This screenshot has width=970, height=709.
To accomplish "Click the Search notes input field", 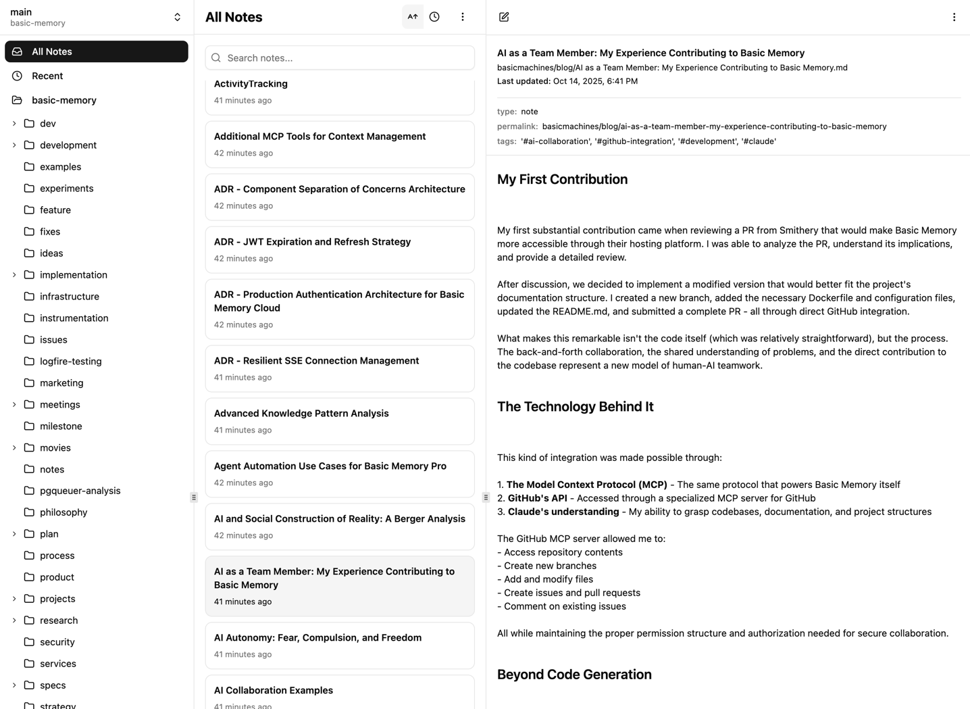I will (x=340, y=58).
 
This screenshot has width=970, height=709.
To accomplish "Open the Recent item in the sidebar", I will (x=47, y=76).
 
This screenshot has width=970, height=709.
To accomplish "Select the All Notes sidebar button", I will (x=97, y=51).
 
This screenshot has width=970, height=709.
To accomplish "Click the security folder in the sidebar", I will (x=57, y=642).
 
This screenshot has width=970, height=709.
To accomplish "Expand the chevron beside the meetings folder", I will (x=14, y=405).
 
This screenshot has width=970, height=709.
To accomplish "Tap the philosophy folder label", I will (x=63, y=512).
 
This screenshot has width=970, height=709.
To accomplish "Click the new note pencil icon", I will (x=504, y=17).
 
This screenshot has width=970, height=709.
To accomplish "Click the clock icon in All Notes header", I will (x=434, y=17).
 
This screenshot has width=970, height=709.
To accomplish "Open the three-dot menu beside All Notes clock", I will (x=463, y=17).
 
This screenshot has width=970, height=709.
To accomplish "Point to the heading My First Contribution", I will (x=562, y=179).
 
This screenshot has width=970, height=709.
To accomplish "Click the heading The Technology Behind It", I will (x=575, y=406).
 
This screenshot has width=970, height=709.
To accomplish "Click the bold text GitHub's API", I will (x=537, y=498).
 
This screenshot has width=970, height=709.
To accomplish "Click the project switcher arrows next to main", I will (x=177, y=17).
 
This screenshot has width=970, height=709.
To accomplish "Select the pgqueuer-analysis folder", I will (x=80, y=491).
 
